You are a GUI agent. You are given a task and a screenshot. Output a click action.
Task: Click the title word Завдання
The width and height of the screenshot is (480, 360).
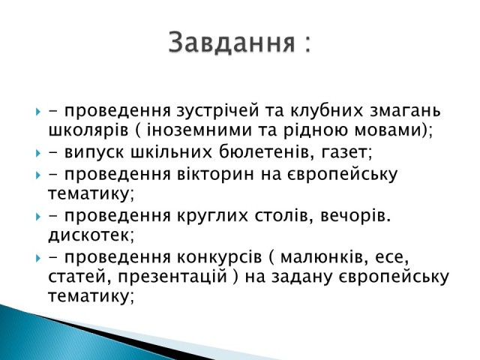pos(232,42)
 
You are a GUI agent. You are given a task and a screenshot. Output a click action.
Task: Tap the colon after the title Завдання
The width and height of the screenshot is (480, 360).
pos(307,44)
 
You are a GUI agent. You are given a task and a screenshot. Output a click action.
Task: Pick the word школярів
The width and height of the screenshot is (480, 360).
pos(88,130)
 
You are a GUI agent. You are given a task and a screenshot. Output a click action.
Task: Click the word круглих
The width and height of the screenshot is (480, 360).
pos(212,217)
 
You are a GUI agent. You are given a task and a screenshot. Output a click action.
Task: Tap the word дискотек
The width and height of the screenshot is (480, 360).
pos(89,235)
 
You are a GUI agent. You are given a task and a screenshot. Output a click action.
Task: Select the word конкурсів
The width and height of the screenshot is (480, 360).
pos(219,258)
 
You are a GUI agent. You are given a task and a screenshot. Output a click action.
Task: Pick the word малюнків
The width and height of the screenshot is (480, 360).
pos(322,257)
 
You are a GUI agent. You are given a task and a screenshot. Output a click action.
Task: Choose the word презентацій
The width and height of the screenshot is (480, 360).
pos(172,276)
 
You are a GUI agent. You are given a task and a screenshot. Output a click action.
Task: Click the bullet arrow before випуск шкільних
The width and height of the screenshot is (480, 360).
pos(38,153)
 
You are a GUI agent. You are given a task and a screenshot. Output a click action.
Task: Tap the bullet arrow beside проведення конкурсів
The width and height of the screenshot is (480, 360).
pos(38,258)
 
